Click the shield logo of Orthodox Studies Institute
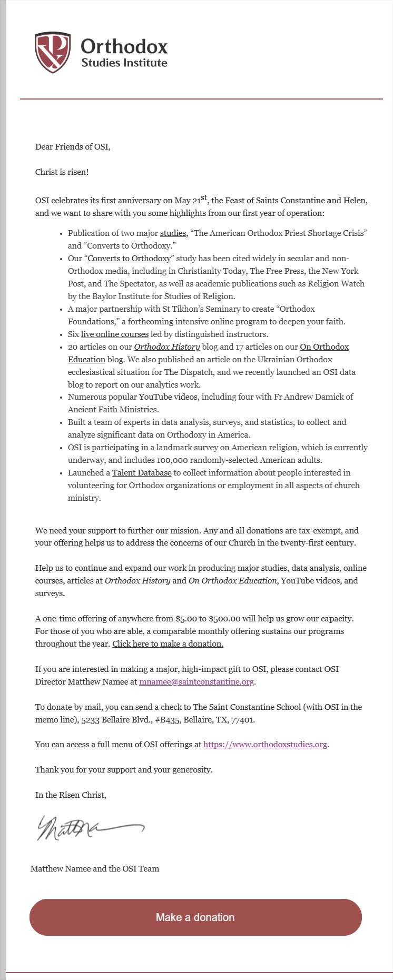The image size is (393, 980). tap(53, 52)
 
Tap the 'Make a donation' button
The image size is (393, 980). tap(195, 917)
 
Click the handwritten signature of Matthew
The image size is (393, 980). tap(90, 828)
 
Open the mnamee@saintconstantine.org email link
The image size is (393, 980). tap(196, 681)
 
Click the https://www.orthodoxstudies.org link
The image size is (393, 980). tap(265, 744)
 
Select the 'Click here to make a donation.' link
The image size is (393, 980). tap(168, 644)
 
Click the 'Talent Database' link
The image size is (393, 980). tap(142, 472)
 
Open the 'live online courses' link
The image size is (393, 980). tap(114, 334)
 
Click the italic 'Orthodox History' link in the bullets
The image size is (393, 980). tap(167, 347)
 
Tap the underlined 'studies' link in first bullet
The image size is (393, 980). tap(173, 233)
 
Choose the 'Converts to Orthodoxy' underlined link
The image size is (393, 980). tap(129, 258)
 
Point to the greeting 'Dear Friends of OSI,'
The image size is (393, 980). tap(73, 146)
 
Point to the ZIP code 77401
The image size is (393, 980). tap(243, 719)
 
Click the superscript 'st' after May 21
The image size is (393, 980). tap(204, 198)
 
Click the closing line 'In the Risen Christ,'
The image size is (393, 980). tap(71, 795)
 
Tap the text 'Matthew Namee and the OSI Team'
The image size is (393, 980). tap(95, 868)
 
